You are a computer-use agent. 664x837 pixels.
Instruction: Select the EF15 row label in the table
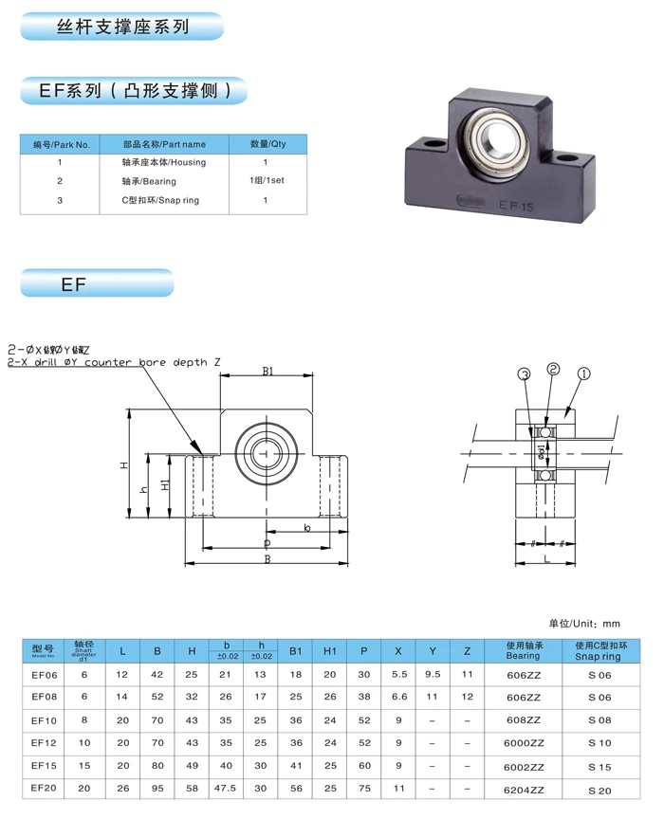(x=45, y=766)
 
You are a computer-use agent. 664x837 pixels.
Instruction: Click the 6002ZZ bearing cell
(x=523, y=766)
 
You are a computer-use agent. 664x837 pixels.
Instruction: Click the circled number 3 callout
(x=523, y=373)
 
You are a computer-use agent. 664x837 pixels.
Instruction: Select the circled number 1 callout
(x=583, y=373)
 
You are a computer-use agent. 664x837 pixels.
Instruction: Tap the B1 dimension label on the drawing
(x=267, y=372)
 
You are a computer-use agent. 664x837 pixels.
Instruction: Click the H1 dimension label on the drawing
(x=165, y=484)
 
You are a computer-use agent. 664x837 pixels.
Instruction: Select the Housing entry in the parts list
(x=164, y=163)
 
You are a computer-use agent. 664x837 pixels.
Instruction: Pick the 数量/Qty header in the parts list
(x=267, y=144)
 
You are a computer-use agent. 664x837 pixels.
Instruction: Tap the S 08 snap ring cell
(x=599, y=719)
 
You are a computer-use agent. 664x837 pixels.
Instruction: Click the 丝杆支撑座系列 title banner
(x=121, y=27)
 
